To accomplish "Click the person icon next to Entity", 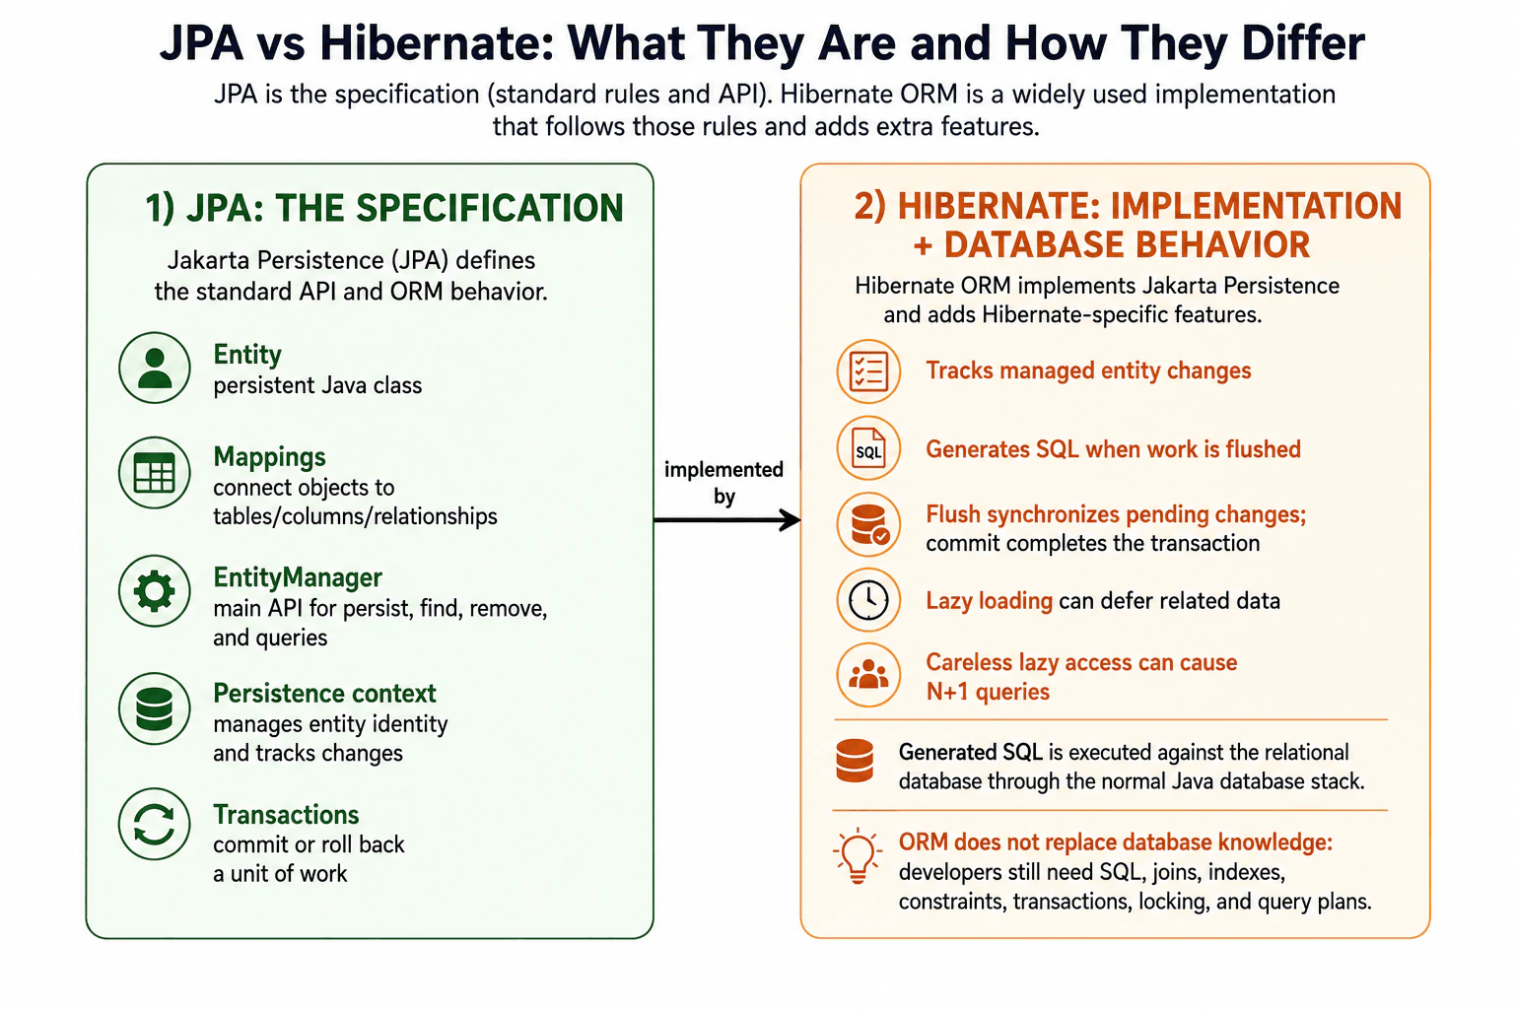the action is (154, 368).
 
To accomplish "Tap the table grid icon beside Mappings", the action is (154, 472).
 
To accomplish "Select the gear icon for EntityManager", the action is (154, 590).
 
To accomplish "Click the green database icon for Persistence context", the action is (154, 708).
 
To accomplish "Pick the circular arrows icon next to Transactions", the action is (154, 824).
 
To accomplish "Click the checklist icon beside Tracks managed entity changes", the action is (868, 371).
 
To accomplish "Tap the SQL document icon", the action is (868, 448).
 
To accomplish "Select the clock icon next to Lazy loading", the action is (868, 600).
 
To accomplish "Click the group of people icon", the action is (868, 675).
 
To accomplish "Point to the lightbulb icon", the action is (857, 855).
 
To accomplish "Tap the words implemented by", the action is (723, 483).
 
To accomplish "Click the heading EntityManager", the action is (298, 577).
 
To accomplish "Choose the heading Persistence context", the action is (324, 694).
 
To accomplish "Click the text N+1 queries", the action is (988, 692).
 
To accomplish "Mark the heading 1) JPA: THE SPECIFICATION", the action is (383, 208).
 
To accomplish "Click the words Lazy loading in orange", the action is (989, 601).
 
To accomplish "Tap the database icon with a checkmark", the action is (869, 524).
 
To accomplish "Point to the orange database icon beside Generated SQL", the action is (855, 761).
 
